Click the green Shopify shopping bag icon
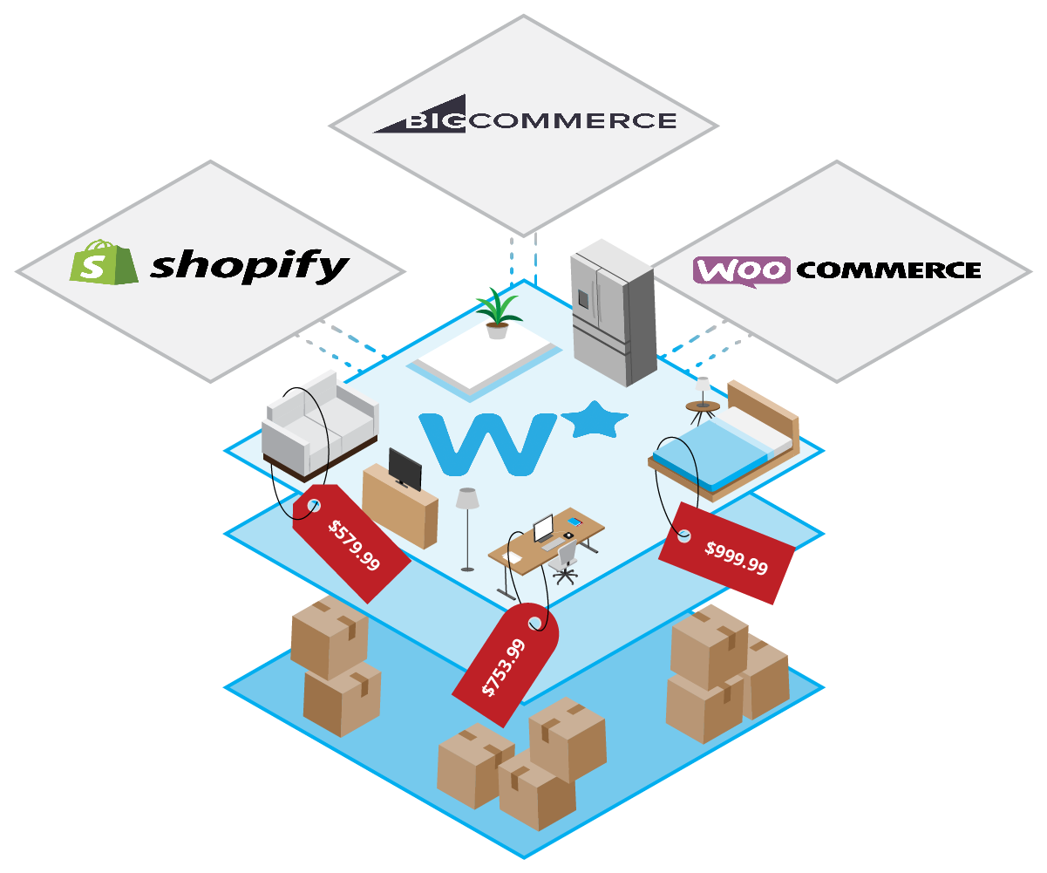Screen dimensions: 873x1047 pos(104,262)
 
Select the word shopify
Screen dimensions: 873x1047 pos(249,265)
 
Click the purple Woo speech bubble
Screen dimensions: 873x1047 pos(741,269)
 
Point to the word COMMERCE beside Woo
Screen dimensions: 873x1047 pos(888,270)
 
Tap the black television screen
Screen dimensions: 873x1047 pos(405,469)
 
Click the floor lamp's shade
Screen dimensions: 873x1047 pos(468,498)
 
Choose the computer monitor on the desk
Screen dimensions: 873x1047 pos(543,529)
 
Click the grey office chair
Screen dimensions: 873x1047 pos(566,559)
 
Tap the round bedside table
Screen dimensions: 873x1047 pos(703,406)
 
